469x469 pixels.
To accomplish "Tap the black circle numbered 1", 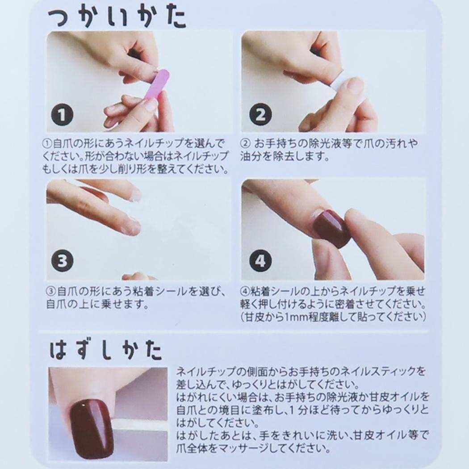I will (63, 116).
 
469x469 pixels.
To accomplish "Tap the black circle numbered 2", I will (260, 116).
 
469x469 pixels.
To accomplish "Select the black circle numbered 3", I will (63, 261).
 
